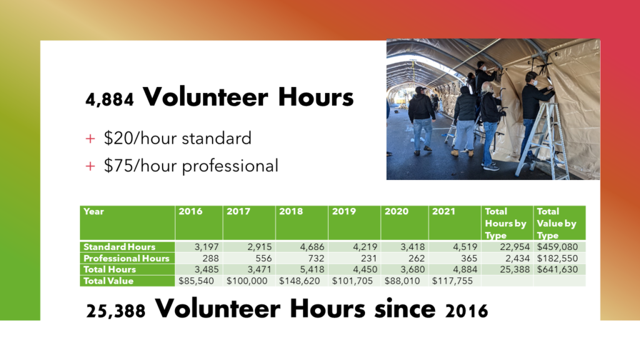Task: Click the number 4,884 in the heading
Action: click(x=109, y=99)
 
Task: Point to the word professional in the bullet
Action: click(x=230, y=166)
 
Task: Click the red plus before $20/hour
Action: click(x=90, y=139)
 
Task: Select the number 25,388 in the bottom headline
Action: click(x=116, y=311)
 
